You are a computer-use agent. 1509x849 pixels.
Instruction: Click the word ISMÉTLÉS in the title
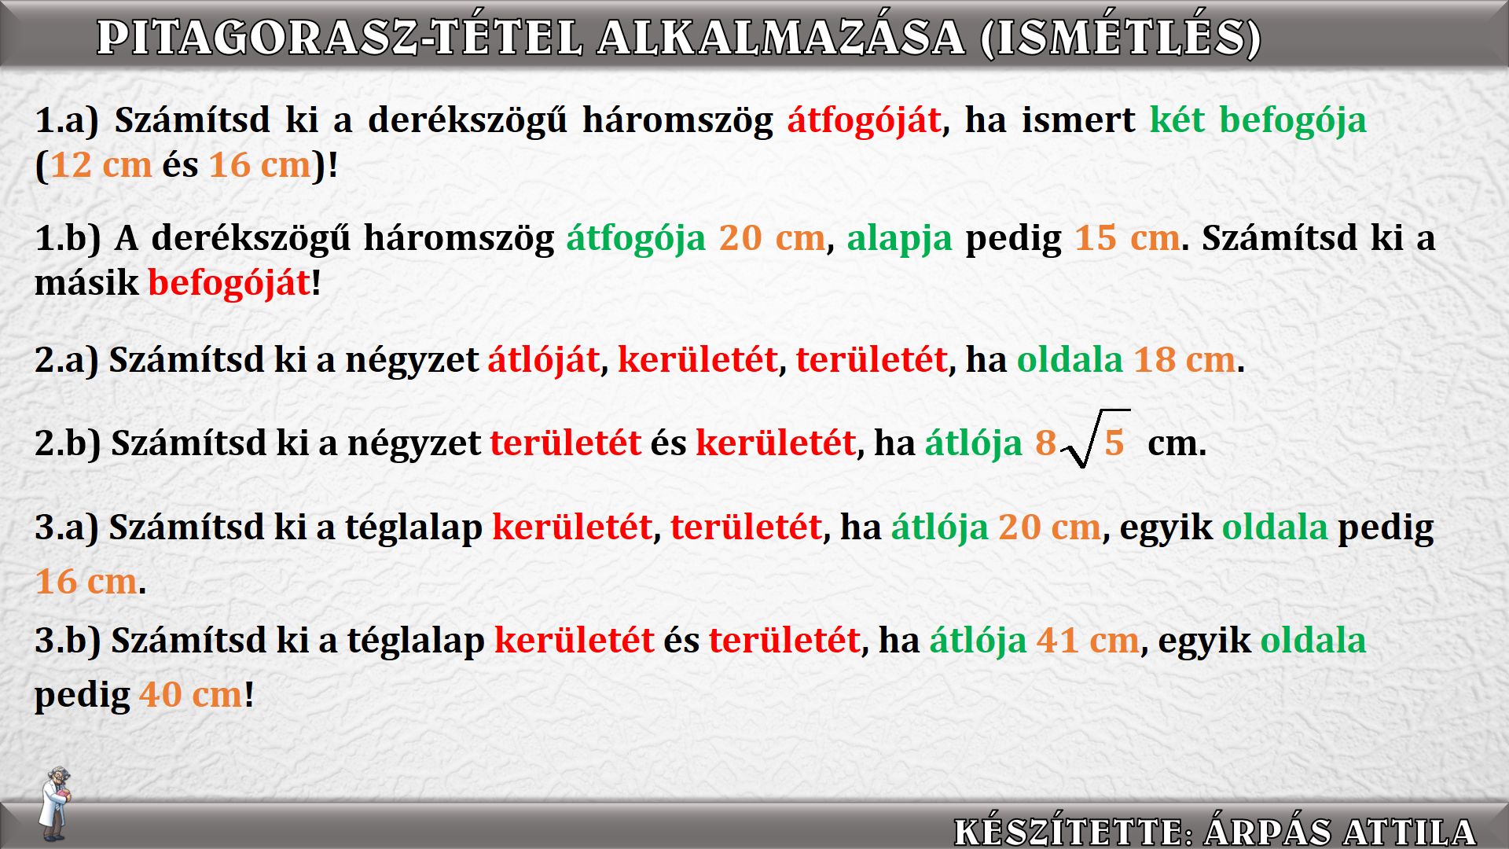[1122, 38]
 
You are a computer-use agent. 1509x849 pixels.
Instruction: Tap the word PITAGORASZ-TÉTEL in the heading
[340, 38]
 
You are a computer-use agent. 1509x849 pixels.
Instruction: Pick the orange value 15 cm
[1127, 237]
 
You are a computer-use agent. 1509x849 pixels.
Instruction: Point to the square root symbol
[1094, 438]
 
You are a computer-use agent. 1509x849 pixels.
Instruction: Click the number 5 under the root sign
[1114, 443]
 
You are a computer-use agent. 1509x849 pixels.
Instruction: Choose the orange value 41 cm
[1088, 641]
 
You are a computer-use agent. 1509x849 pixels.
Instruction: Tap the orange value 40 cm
[191, 695]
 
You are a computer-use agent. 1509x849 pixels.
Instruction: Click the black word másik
[86, 283]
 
